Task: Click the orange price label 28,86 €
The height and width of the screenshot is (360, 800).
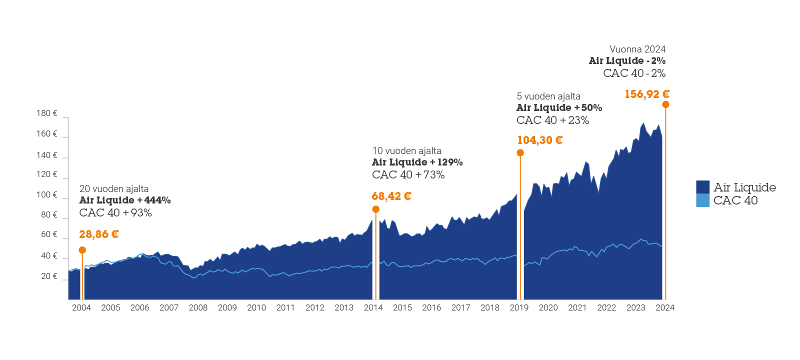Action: coord(98,234)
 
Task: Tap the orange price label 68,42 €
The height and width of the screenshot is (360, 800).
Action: coord(391,196)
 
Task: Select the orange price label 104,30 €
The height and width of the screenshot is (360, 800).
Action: coord(539,140)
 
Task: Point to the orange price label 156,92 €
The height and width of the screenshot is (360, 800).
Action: coord(646,94)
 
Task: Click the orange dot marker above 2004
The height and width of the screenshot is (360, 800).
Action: coord(82,250)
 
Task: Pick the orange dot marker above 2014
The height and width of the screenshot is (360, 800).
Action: coord(376,209)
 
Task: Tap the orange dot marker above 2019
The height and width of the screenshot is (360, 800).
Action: coord(520,153)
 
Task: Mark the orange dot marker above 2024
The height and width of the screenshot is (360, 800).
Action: coord(665,104)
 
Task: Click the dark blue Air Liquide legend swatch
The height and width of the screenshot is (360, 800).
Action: coord(702,187)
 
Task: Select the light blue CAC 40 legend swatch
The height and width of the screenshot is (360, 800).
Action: coord(702,200)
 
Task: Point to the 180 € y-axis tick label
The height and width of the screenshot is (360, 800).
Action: coord(46,113)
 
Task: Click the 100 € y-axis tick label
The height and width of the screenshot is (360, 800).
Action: coord(46,194)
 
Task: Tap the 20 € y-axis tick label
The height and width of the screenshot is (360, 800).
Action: coord(49,276)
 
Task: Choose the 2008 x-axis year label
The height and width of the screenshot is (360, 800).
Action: coord(198,307)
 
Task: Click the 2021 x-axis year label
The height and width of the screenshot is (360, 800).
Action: coord(577,307)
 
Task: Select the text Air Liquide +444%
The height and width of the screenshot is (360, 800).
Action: coord(125,200)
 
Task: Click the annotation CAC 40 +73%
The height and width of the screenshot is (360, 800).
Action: coord(408,174)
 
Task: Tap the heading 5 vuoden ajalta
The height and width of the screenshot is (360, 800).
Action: coord(548,96)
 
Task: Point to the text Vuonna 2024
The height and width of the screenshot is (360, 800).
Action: coord(637,49)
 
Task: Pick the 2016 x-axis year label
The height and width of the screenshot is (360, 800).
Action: coord(431,307)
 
